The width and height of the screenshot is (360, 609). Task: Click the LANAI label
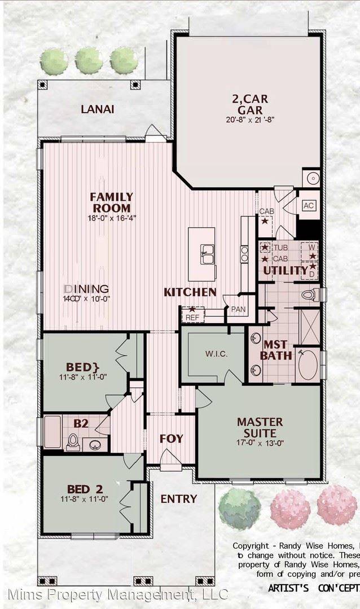(97, 109)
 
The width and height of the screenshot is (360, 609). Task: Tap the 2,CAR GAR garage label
(249, 105)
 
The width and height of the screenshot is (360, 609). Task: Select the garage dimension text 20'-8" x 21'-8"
(249, 120)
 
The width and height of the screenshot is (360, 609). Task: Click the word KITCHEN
(190, 292)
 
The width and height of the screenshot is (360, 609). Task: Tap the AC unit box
(309, 206)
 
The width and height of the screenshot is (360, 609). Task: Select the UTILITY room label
(286, 271)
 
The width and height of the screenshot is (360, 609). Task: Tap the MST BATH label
(276, 350)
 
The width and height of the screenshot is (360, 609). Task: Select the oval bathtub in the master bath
(308, 365)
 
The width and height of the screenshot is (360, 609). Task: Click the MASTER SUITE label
(260, 427)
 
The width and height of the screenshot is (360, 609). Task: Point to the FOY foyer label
(172, 438)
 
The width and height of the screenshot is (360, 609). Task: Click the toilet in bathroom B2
(73, 442)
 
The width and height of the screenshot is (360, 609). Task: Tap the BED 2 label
(84, 489)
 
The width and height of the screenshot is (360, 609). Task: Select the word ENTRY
(179, 499)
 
